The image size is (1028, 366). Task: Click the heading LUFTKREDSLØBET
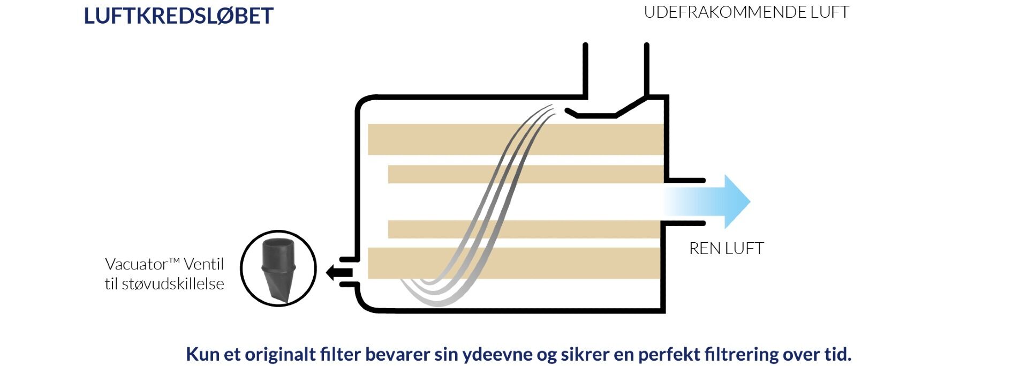tap(178, 16)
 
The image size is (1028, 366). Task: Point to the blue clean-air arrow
tap(707, 202)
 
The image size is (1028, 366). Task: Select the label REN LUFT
tap(726, 248)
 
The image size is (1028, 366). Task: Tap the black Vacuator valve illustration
tap(278, 268)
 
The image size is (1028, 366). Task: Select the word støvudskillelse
tap(173, 284)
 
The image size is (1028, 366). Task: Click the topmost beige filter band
tap(516, 139)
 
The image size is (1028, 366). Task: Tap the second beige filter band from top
tap(526, 174)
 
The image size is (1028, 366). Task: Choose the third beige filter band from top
tap(524, 229)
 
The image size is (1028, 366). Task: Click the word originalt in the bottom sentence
tap(279, 354)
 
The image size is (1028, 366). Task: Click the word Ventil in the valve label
tap(203, 264)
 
